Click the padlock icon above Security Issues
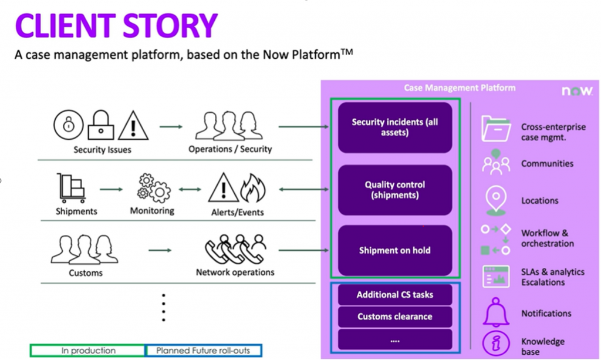[x=101, y=125]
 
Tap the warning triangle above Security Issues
[x=133, y=126]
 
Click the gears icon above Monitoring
[x=153, y=188]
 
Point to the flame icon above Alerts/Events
[x=253, y=188]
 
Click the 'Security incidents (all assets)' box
[x=395, y=127]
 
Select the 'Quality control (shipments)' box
[x=395, y=190]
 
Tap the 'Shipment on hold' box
[x=395, y=250]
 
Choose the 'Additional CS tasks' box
[x=395, y=294]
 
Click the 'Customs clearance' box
[x=395, y=317]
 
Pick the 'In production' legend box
[x=88, y=351]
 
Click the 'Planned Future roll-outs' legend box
[x=204, y=351]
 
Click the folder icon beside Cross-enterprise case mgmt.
[x=495, y=129]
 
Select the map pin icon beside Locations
[x=495, y=200]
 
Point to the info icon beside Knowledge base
[x=495, y=343]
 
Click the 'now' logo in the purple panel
[x=577, y=91]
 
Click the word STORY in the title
[x=170, y=26]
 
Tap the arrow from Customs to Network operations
[x=160, y=250]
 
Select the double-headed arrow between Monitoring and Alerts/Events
[x=190, y=189]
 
